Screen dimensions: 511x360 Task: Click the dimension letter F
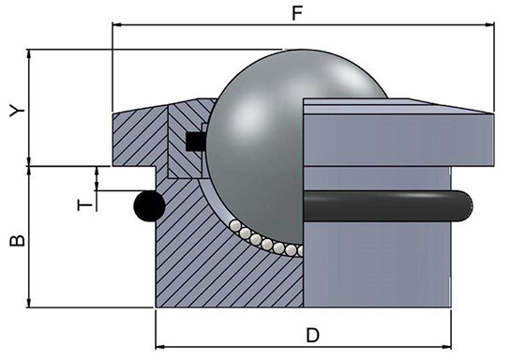(x=297, y=13)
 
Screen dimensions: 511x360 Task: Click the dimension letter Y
(x=17, y=111)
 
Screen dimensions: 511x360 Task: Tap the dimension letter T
(x=85, y=205)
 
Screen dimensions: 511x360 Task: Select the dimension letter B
(x=17, y=240)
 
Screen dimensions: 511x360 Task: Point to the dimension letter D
(x=312, y=335)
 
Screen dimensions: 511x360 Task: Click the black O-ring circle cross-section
(x=150, y=206)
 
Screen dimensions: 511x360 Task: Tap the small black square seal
(x=196, y=142)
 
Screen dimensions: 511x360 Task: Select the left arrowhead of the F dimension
(x=117, y=24)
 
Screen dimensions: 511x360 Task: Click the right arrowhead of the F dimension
(x=489, y=24)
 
